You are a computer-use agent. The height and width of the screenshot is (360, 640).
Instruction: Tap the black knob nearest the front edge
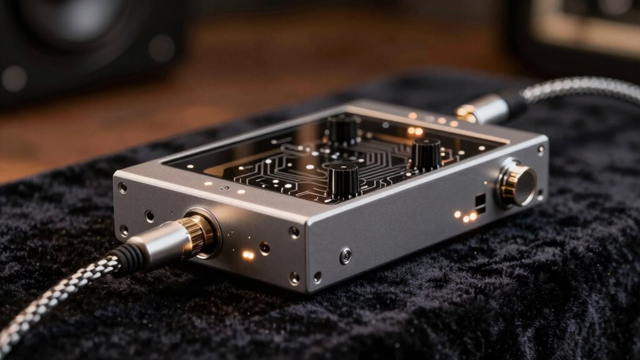click(x=344, y=180)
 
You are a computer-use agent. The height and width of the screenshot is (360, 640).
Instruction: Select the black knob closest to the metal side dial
click(x=426, y=153)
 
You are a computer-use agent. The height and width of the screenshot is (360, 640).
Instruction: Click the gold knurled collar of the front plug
click(x=199, y=234)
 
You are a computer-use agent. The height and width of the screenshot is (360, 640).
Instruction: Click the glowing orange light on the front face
click(x=248, y=255)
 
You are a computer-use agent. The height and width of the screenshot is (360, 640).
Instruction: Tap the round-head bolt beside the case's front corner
click(x=345, y=255)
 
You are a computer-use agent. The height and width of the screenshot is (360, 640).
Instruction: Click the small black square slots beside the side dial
click(x=480, y=202)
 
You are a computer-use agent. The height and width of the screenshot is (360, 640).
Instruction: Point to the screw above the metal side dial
click(x=540, y=150)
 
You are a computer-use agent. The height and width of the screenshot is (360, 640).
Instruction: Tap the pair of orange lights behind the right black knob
click(x=414, y=131)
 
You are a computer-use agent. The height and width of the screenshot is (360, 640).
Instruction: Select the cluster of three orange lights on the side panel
click(x=466, y=216)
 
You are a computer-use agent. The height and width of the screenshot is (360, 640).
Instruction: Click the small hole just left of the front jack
click(x=150, y=216)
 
